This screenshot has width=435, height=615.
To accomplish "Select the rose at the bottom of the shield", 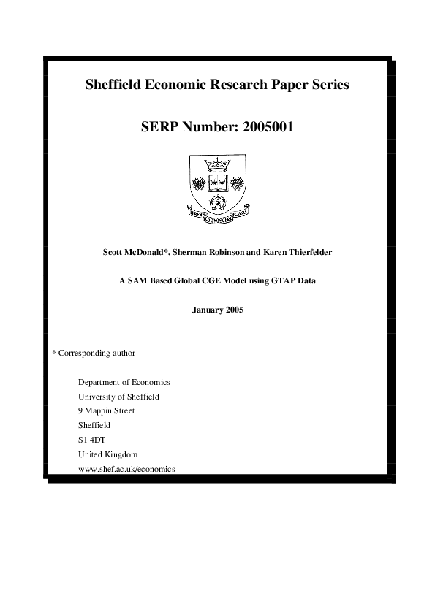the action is pyautogui.click(x=217, y=200).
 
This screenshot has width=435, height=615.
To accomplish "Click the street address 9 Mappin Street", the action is pyautogui.click(x=106, y=410).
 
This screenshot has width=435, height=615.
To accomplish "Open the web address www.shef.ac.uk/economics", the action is pyautogui.click(x=126, y=468).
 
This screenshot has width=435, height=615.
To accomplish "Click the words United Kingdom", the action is pyautogui.click(x=107, y=454).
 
